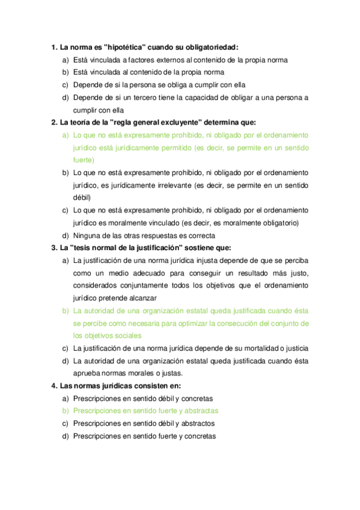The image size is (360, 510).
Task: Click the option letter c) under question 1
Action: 65,85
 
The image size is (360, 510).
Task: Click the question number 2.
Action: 54,123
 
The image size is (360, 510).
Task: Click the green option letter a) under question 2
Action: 65,135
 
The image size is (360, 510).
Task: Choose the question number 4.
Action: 54,386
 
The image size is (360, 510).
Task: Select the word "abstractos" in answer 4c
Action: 195,423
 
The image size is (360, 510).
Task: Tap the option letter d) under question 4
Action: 65,436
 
